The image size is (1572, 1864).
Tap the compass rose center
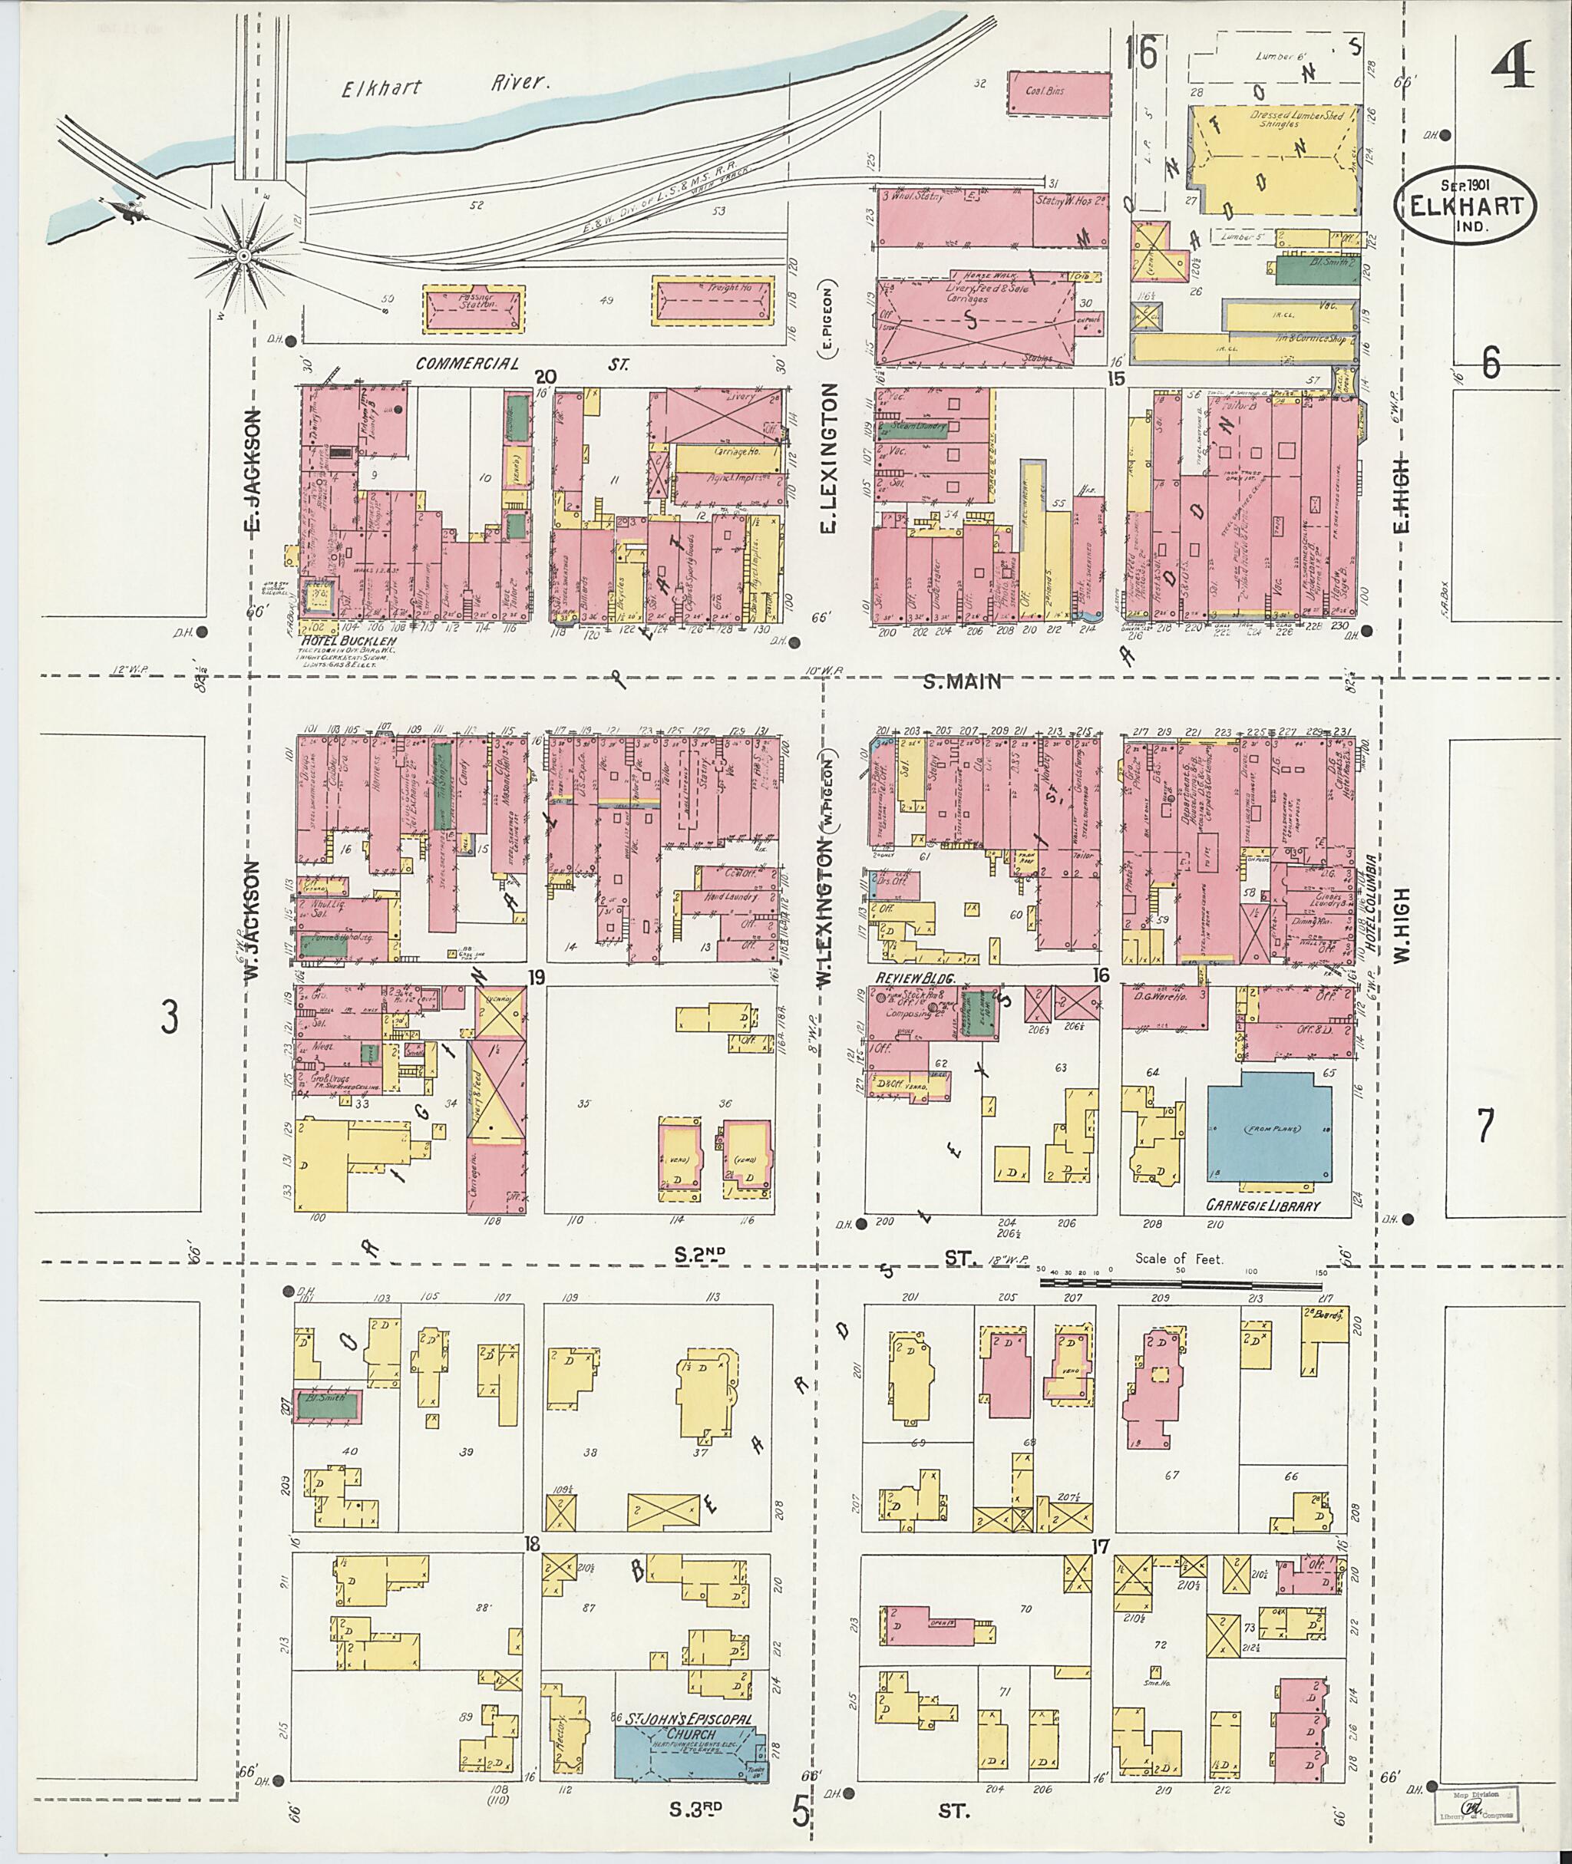[242, 256]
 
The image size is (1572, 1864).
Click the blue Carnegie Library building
[1269, 1130]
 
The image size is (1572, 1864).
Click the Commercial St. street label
[522, 364]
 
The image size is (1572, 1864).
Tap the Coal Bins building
[1058, 93]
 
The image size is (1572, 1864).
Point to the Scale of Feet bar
[1181, 1284]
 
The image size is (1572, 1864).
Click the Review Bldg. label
[915, 978]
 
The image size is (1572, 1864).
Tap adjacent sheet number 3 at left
[170, 1017]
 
